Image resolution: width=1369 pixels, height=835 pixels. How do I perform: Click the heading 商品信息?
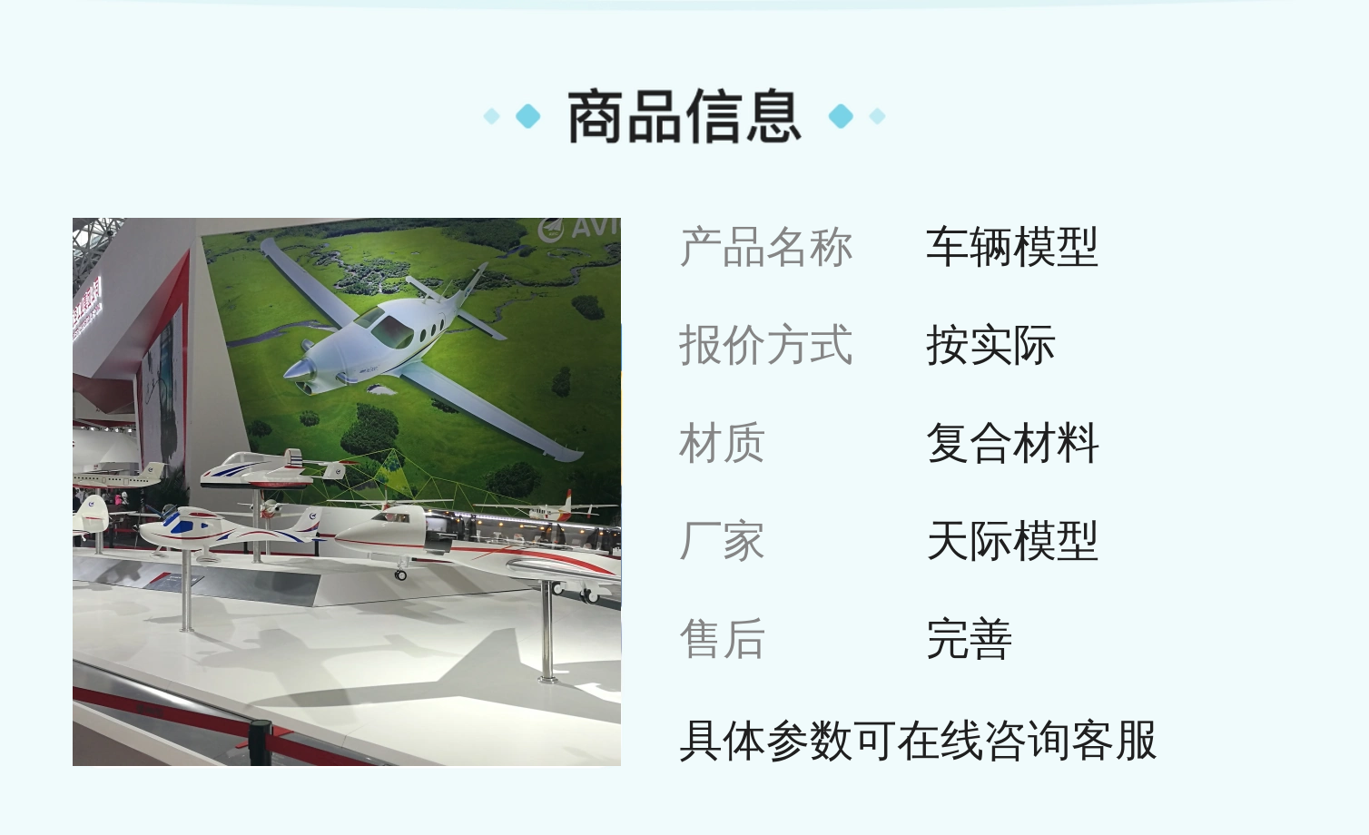point(684,116)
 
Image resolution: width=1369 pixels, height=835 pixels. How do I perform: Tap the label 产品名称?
point(766,247)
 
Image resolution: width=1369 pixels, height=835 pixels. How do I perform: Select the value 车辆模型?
point(1012,247)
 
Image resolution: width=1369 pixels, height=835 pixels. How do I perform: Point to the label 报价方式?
point(766,345)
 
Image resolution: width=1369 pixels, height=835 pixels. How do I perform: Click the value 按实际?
point(990,345)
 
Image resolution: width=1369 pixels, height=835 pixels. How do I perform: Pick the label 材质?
point(722,443)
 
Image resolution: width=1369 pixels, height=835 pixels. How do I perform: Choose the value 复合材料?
point(1012,443)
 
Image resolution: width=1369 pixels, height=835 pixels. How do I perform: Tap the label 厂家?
point(722,541)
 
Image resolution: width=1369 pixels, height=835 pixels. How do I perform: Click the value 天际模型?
point(1012,541)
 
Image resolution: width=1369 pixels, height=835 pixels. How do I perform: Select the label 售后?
point(722,639)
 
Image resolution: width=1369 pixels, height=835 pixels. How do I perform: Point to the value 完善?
point(970,639)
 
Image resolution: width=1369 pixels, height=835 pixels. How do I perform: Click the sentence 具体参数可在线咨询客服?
point(918,741)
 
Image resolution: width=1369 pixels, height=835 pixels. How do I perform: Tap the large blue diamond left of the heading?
point(528,116)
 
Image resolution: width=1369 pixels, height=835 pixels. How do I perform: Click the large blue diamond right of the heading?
point(841,116)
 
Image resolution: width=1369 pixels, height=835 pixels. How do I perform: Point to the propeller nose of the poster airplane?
point(298,369)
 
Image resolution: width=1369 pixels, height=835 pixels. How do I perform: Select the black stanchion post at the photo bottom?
point(261,742)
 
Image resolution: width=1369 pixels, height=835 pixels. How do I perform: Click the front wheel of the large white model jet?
point(400,575)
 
